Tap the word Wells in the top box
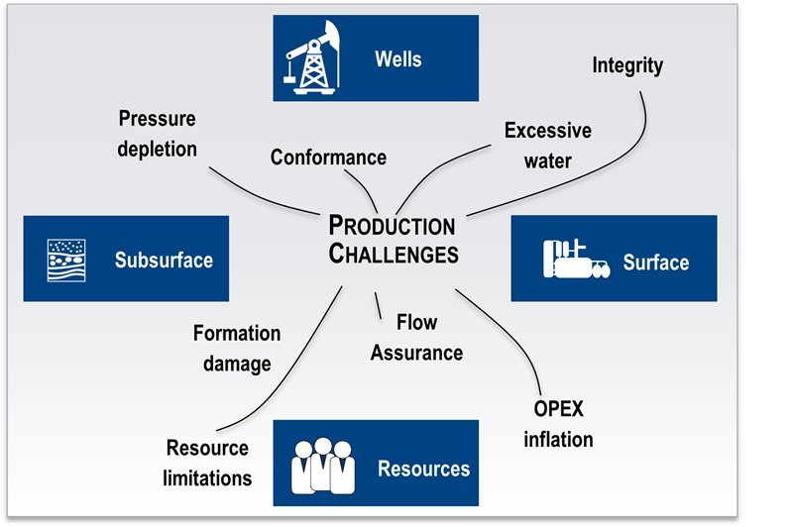coord(397,58)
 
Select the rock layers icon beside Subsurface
coord(67,260)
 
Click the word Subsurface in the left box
coord(164,261)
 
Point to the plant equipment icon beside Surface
coord(571,260)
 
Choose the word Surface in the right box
coord(655,263)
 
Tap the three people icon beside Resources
coord(320,464)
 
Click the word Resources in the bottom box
coord(423,468)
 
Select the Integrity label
coord(627,66)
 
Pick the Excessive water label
coord(547,145)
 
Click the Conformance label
coord(328,158)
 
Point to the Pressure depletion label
coord(158,134)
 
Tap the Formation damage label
coord(237,349)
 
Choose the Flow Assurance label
coord(416,337)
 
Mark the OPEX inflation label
coord(559,424)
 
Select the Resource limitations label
coord(208,462)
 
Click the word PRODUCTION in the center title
coord(392,226)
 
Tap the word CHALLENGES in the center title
coord(394,254)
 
